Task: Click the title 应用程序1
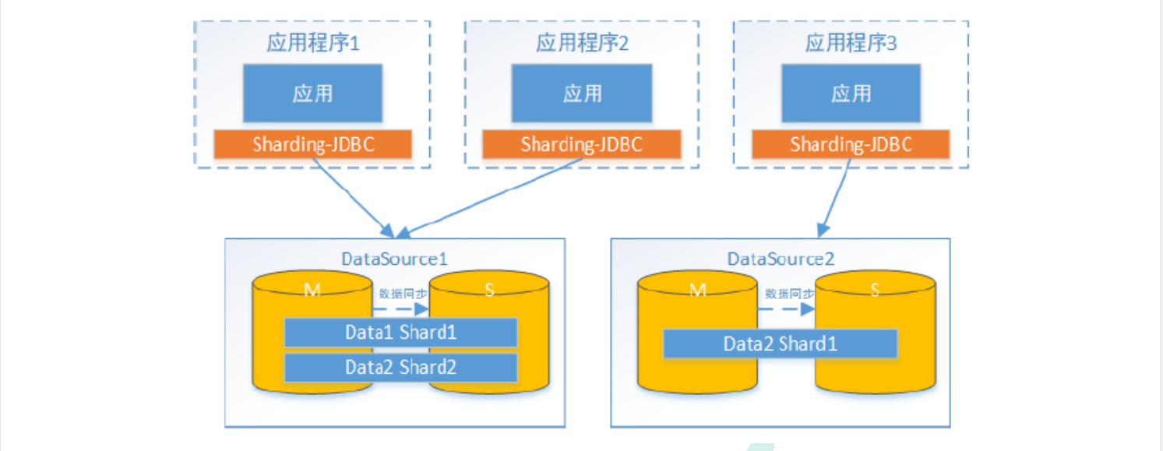(x=313, y=43)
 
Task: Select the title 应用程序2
(x=582, y=43)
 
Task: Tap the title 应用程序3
(x=851, y=43)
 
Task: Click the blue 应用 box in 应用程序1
(x=312, y=93)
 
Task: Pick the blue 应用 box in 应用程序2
(x=581, y=93)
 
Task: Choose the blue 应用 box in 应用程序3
(x=851, y=93)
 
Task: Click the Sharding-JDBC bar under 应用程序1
(x=313, y=144)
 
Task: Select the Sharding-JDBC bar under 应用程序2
(x=581, y=144)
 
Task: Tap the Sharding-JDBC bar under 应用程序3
(x=851, y=144)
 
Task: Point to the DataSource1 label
(x=394, y=259)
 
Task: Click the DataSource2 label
(x=781, y=259)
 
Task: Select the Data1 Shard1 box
(x=401, y=332)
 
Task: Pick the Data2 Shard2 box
(x=401, y=368)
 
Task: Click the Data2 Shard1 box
(x=781, y=344)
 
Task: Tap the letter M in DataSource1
(x=312, y=290)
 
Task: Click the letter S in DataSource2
(x=875, y=290)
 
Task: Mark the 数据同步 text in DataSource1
(x=403, y=294)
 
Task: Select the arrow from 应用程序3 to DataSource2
(x=834, y=198)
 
